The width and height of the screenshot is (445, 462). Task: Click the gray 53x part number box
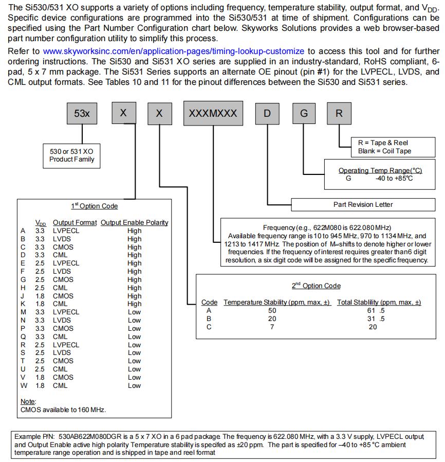pyautogui.click(x=82, y=114)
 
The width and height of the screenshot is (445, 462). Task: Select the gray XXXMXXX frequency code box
pyautogui.click(x=213, y=114)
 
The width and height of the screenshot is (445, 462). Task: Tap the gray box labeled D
pyautogui.click(x=267, y=114)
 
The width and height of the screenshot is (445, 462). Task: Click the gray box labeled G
pyautogui.click(x=304, y=114)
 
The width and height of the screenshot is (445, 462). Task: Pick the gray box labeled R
pyautogui.click(x=339, y=114)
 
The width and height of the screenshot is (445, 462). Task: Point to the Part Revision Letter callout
pyautogui.click(x=363, y=204)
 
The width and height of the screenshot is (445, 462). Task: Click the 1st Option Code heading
pyautogui.click(x=94, y=206)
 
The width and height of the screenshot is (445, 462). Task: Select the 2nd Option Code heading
pyautogui.click(x=316, y=286)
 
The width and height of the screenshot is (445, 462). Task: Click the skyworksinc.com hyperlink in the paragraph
pyautogui.click(x=174, y=51)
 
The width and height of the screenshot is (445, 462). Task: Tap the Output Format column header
pyautogui.click(x=75, y=222)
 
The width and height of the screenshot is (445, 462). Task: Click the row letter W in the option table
pyautogui.click(x=23, y=385)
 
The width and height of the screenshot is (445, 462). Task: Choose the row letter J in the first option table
pyautogui.click(x=23, y=296)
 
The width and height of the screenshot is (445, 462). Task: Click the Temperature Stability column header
pyautogui.click(x=277, y=302)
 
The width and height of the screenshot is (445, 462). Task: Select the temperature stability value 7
pyautogui.click(x=272, y=327)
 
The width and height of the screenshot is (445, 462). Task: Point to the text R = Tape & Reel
pyautogui.click(x=383, y=143)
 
